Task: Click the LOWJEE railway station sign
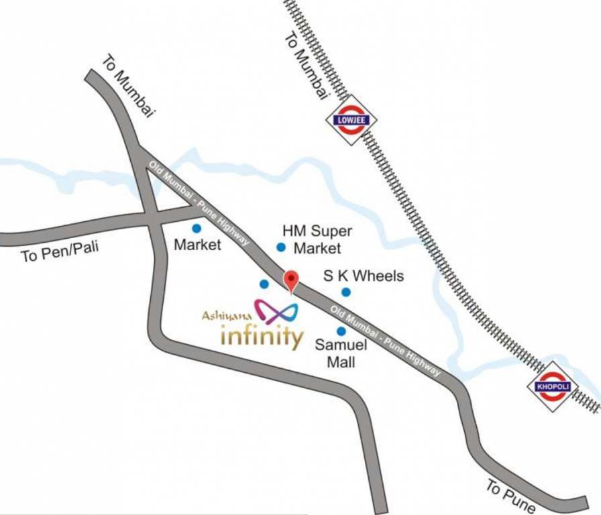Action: coord(351,121)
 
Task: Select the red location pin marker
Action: coord(290,280)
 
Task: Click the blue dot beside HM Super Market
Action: coord(281,247)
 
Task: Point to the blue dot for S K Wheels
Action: coord(346,292)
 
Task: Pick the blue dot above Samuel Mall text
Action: coord(341,331)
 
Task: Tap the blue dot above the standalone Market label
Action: coord(197,228)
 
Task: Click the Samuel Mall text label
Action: coord(341,354)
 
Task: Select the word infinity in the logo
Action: coord(262,335)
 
